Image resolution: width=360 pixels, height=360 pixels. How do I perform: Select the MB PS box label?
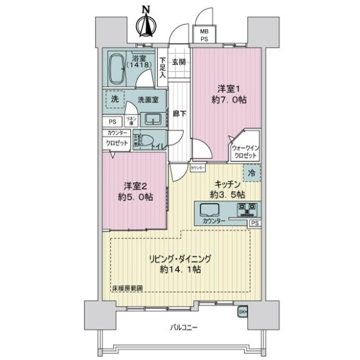click(x=204, y=34)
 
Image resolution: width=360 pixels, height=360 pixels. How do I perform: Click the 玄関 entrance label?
click(x=178, y=62)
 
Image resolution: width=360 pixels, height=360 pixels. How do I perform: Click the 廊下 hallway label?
click(x=179, y=113)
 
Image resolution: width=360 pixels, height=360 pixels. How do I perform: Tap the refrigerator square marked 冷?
click(x=253, y=172)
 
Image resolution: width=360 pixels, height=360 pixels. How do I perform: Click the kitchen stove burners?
click(x=248, y=210)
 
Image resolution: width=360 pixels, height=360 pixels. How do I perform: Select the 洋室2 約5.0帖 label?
click(x=134, y=190)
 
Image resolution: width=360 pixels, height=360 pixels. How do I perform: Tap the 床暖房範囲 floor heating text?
click(x=127, y=289)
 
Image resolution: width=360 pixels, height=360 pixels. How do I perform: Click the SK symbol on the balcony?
click(x=243, y=312)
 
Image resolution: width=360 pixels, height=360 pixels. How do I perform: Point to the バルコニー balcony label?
click(x=180, y=327)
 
